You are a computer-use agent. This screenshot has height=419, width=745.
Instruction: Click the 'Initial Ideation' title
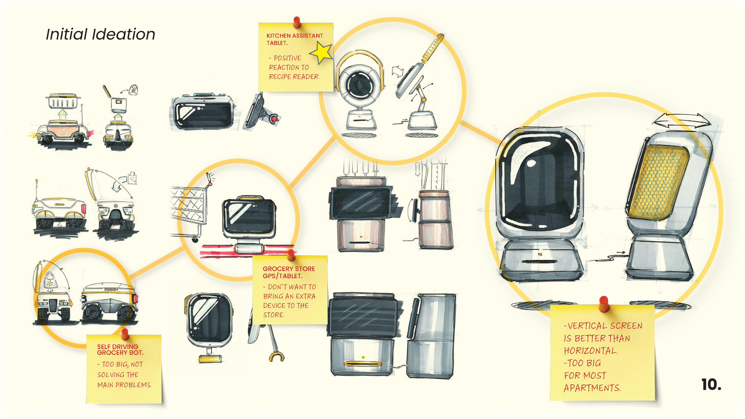(100, 34)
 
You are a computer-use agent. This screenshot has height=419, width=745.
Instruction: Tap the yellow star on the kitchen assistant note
(322, 52)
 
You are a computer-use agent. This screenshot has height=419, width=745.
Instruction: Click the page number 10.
(711, 385)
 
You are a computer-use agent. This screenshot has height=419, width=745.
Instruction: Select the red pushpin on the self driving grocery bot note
(125, 333)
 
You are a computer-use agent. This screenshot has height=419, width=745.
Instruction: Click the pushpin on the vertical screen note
(604, 303)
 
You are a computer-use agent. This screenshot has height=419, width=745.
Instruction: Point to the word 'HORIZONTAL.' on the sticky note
(591, 351)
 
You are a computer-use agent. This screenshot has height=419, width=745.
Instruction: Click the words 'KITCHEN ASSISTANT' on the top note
(294, 36)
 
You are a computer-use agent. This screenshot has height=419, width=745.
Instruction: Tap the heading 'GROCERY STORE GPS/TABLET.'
(288, 272)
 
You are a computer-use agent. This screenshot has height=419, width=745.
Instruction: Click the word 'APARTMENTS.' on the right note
(592, 388)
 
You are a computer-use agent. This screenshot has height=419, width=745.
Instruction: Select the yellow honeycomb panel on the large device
(659, 182)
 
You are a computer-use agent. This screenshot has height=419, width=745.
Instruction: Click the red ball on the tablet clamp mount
(274, 119)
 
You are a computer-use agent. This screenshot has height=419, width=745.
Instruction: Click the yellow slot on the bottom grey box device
(363, 364)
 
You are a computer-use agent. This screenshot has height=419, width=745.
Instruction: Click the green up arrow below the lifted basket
(63, 114)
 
